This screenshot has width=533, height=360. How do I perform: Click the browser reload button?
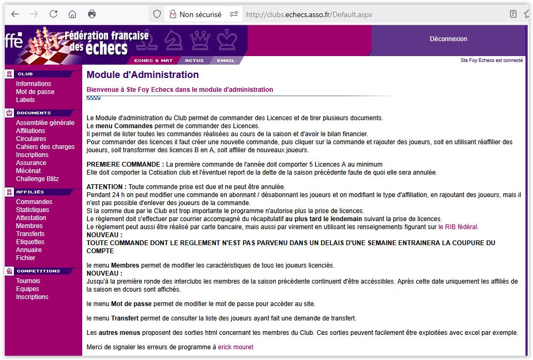coord(53,14)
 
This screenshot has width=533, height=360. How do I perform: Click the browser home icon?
coord(73,14)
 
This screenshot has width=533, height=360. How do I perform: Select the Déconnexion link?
coord(448,39)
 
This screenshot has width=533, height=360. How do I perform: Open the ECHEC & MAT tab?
coord(153,61)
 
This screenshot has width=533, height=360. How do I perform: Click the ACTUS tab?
coord(194,61)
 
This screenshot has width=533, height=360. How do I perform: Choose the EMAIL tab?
coord(226,61)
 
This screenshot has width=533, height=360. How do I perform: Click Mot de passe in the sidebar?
coord(35,92)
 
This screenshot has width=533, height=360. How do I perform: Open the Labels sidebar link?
coord(25,100)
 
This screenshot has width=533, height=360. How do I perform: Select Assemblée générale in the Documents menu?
coord(45,123)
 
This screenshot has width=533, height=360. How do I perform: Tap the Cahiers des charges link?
coord(45,147)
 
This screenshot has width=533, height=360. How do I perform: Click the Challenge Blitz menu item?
coord(37,179)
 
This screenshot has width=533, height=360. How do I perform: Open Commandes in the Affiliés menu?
coord(34,202)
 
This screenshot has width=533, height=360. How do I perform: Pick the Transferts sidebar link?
coord(30,234)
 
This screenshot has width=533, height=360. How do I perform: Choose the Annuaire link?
coord(29,250)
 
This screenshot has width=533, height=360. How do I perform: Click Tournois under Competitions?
coord(28,281)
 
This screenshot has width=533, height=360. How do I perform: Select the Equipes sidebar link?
coord(27,289)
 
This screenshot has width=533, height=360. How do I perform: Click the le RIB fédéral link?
coord(458,227)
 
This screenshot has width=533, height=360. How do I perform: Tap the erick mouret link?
coord(236,347)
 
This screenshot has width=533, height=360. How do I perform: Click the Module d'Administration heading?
coord(143,75)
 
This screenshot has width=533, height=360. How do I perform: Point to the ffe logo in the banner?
coord(14,41)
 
